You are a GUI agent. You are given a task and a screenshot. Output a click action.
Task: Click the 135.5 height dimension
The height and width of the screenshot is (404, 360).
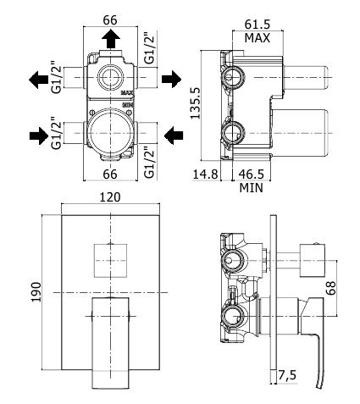(195, 103)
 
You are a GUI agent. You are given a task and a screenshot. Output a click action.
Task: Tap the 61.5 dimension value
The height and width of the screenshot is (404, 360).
(258, 25)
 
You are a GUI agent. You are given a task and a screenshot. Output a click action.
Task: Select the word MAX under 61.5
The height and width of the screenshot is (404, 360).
(258, 38)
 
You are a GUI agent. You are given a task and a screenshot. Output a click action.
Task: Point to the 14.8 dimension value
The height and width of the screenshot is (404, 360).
(205, 174)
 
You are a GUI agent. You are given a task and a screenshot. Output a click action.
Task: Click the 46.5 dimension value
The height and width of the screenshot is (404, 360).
(252, 174)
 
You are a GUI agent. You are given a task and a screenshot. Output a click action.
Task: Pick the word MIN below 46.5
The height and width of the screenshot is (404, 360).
(252, 187)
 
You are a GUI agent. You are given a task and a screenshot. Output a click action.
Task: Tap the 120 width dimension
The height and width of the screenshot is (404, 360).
(110, 197)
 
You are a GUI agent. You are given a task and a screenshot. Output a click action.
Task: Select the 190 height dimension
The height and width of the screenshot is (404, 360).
(36, 291)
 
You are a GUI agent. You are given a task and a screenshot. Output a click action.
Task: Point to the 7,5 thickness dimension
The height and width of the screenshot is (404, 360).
(287, 375)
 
